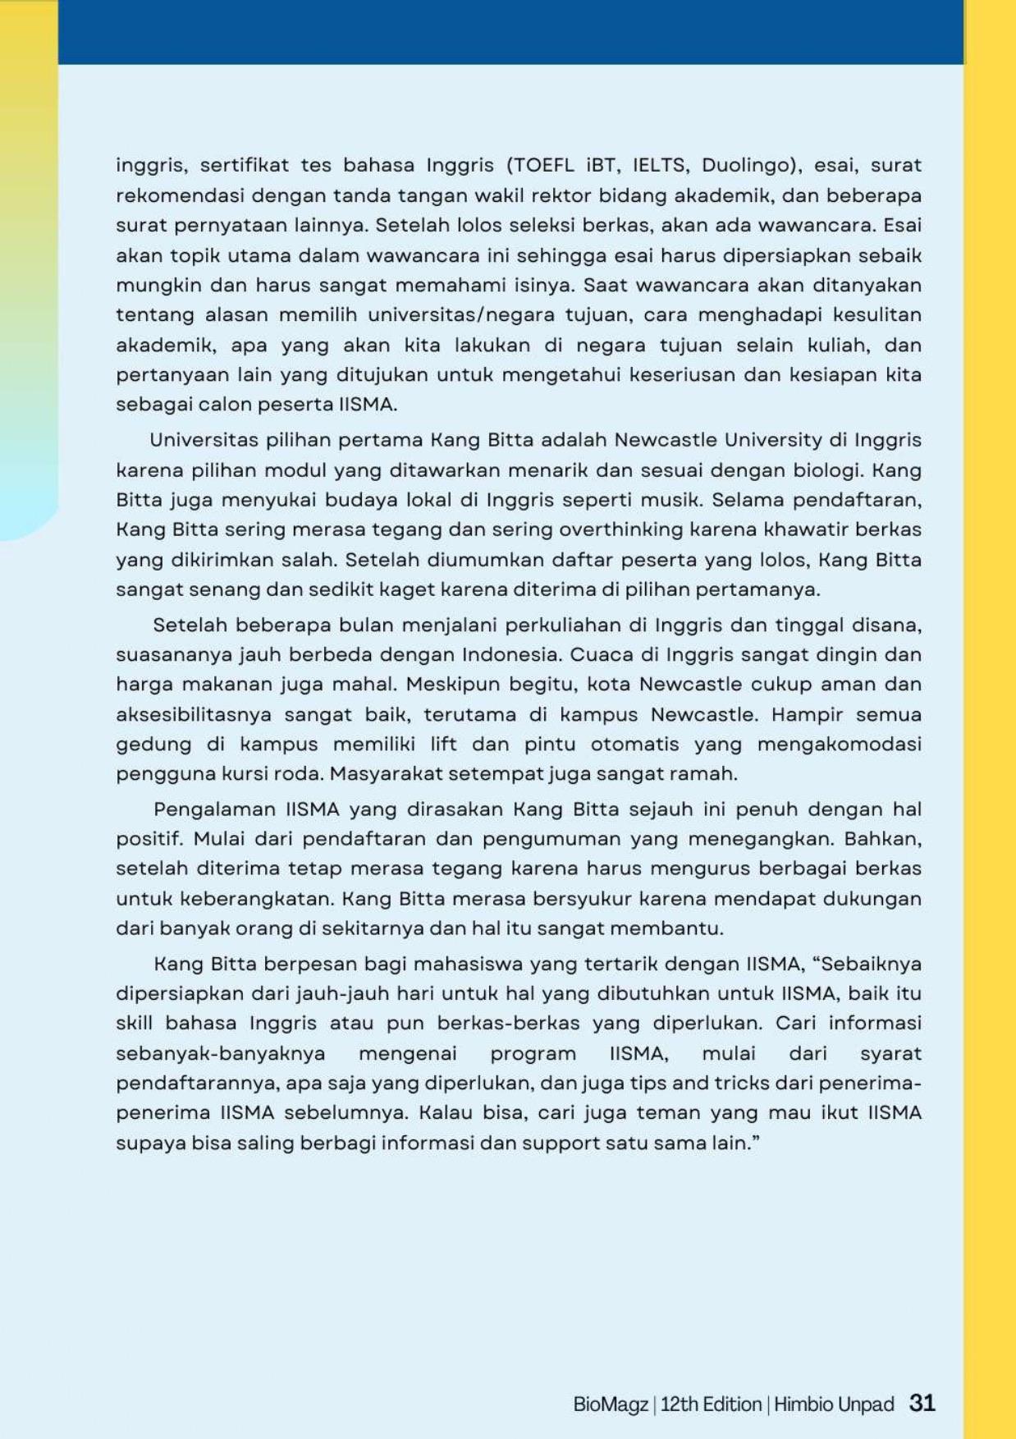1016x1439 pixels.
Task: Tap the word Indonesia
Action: (x=510, y=655)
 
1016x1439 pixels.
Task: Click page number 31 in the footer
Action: (x=922, y=1403)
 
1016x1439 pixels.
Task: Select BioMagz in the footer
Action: (x=611, y=1405)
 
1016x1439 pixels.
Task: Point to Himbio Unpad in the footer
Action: (x=833, y=1405)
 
